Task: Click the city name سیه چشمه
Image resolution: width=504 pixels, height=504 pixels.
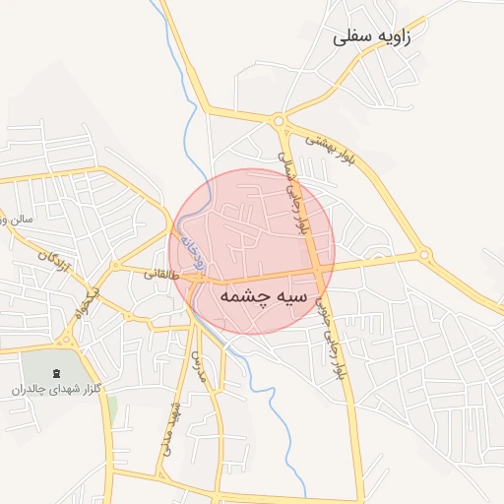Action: pos(263,295)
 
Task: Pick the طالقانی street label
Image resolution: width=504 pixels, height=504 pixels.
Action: pos(162,275)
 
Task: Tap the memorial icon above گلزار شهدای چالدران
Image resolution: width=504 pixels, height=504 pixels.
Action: pos(55,371)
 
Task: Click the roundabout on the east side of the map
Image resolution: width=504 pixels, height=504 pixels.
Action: pos(425,255)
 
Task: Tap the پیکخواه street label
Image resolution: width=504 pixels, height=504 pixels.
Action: pos(89,302)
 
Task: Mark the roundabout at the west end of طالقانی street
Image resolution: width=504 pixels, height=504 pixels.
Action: pos(126,315)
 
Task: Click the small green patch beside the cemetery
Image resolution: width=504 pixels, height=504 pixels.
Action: pos(112,409)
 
